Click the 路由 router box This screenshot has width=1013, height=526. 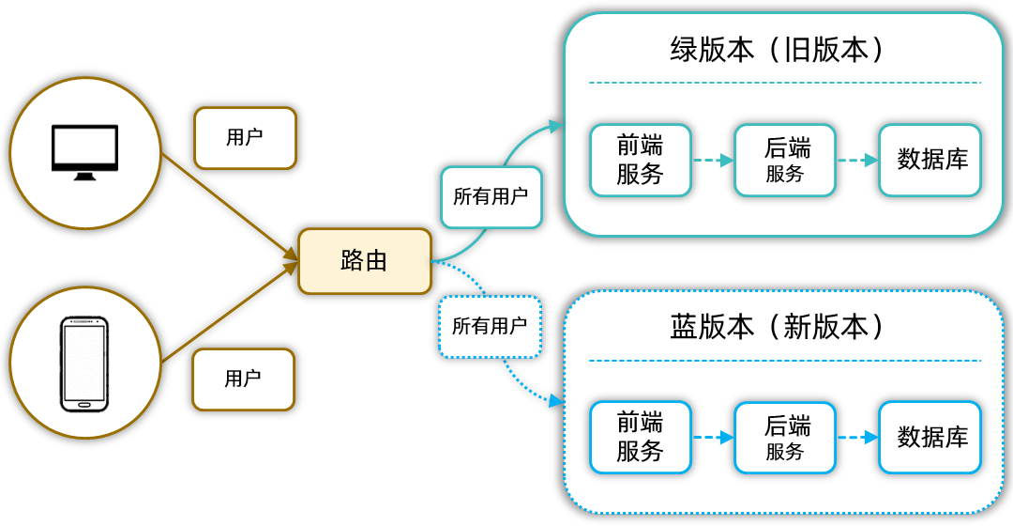(x=364, y=261)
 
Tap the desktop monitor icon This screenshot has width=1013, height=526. (x=84, y=152)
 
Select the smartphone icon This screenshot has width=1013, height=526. (x=84, y=364)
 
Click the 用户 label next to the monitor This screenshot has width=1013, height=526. (x=245, y=137)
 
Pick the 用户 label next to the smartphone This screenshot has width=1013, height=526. (x=243, y=379)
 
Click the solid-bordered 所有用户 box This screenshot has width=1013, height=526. (x=491, y=197)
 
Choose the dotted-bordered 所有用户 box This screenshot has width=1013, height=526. (x=490, y=327)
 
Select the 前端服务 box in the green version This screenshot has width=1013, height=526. (x=641, y=161)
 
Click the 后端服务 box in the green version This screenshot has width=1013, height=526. (x=785, y=161)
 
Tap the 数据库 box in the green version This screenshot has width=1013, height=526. (x=930, y=161)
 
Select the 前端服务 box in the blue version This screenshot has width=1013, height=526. (x=641, y=438)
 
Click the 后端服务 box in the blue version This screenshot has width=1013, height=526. (x=785, y=438)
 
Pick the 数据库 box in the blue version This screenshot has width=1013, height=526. (x=930, y=438)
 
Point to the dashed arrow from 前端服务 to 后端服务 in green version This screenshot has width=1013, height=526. (x=713, y=161)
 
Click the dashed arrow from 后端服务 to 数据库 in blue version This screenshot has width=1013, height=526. (x=857, y=438)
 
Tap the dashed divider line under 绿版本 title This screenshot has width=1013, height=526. (x=784, y=83)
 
